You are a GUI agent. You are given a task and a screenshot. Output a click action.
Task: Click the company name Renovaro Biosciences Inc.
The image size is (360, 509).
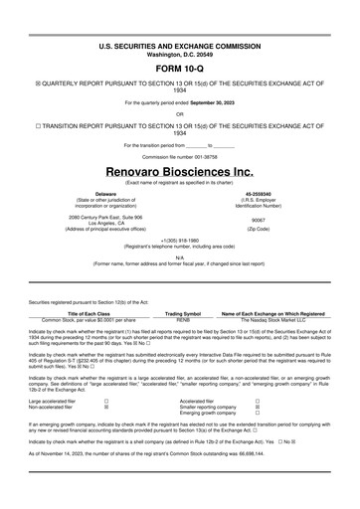pos(180,171)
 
